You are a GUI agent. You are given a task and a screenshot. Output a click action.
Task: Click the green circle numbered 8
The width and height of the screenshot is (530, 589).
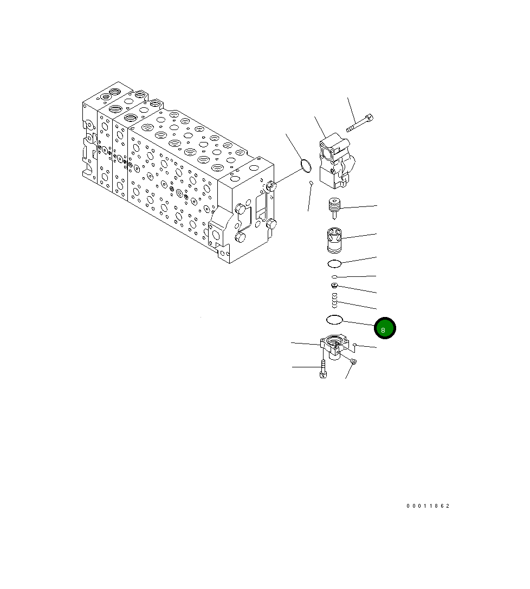[x=385, y=328]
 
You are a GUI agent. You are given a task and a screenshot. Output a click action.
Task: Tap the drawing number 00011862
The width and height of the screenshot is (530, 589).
[x=428, y=506]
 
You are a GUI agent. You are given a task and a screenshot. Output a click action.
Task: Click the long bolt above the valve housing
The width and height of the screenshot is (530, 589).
[x=359, y=124]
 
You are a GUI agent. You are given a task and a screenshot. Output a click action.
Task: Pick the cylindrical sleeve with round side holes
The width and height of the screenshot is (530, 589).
[x=334, y=241]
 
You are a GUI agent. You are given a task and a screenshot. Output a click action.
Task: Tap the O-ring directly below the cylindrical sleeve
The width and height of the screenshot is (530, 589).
[x=334, y=264]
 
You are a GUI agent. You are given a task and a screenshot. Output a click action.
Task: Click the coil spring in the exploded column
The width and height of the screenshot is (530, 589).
[x=335, y=301]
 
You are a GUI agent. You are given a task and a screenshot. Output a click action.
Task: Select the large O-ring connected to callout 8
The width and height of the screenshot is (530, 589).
[x=334, y=320]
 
